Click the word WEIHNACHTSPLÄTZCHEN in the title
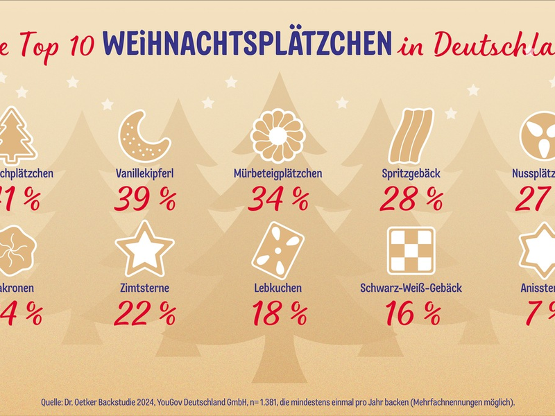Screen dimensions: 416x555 coord(246,43)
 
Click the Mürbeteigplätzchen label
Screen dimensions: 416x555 coord(277,173)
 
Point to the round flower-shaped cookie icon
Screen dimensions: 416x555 coord(277,135)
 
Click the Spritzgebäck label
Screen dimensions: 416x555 coord(411,173)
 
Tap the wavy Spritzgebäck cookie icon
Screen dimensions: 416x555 coord(411,136)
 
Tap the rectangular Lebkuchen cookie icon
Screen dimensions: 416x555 coord(278,250)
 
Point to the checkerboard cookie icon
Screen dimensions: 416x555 coord(410,250)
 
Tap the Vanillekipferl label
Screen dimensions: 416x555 coord(144,173)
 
